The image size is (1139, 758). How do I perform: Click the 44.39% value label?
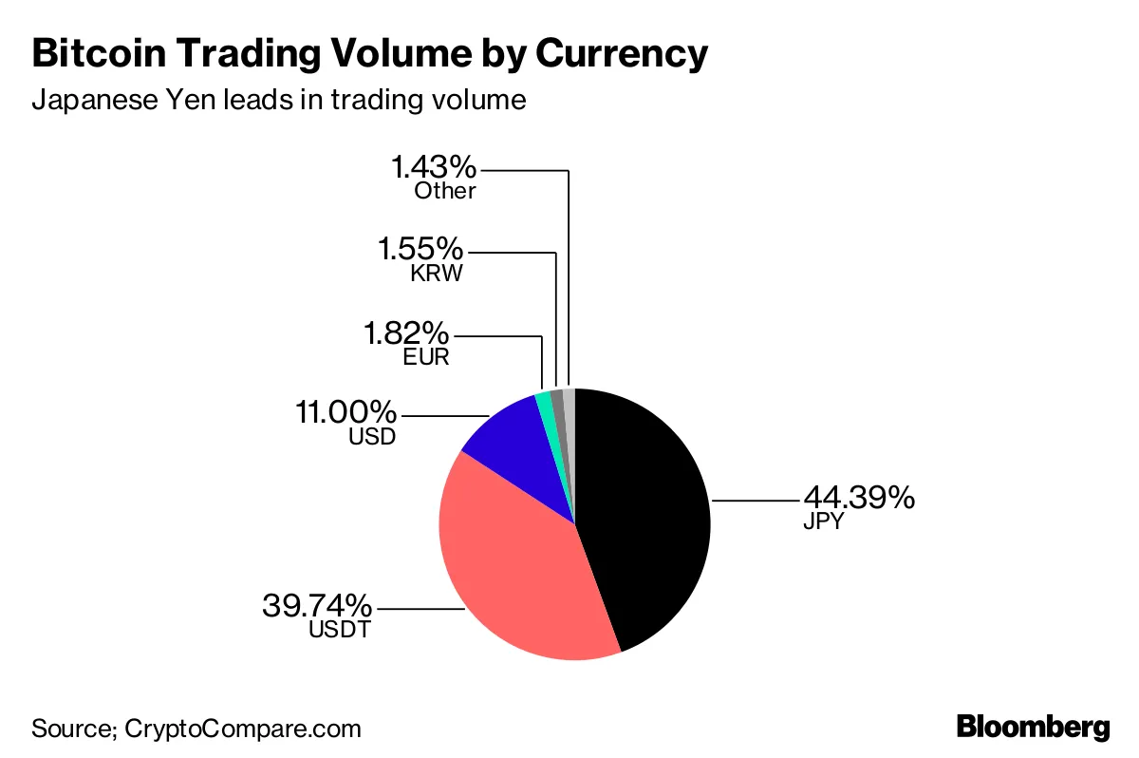pos(859,497)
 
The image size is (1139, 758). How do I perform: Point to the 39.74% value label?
pos(317,604)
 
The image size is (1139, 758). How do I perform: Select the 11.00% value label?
pos(344,414)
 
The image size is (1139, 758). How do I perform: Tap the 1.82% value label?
pos(405,334)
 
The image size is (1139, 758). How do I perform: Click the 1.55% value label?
pos(420,251)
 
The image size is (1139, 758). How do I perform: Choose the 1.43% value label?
pos(434,168)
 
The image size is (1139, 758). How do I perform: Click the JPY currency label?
pos(823,521)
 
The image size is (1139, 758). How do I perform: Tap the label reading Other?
pos(445,191)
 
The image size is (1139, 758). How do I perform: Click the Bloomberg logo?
pos(1033,728)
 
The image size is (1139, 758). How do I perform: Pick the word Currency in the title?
pos(622,55)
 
